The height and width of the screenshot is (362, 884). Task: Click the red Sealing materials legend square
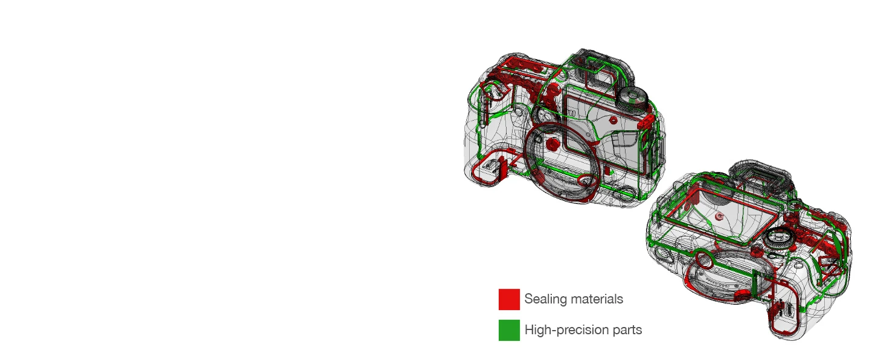509,299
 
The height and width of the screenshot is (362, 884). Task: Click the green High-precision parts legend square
509,330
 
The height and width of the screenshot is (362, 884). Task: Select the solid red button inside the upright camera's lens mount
552,144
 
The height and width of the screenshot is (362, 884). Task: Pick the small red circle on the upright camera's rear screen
613,120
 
